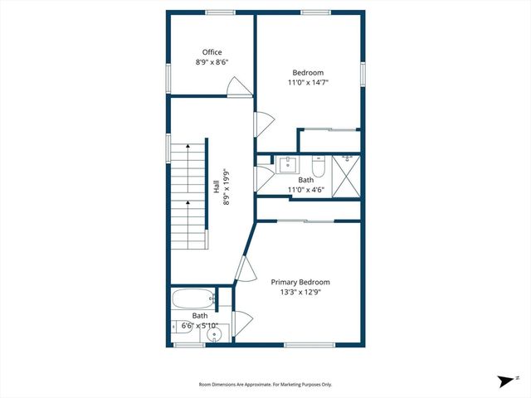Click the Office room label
tap(212, 52)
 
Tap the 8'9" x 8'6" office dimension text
tap(212, 62)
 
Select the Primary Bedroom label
tap(301, 282)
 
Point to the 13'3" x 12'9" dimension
tap(301, 292)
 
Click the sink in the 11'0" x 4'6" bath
tap(288, 163)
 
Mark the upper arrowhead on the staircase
tap(188, 145)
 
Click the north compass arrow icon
tap(504, 381)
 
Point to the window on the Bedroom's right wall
tap(363, 73)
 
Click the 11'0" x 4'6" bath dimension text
tap(306, 190)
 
